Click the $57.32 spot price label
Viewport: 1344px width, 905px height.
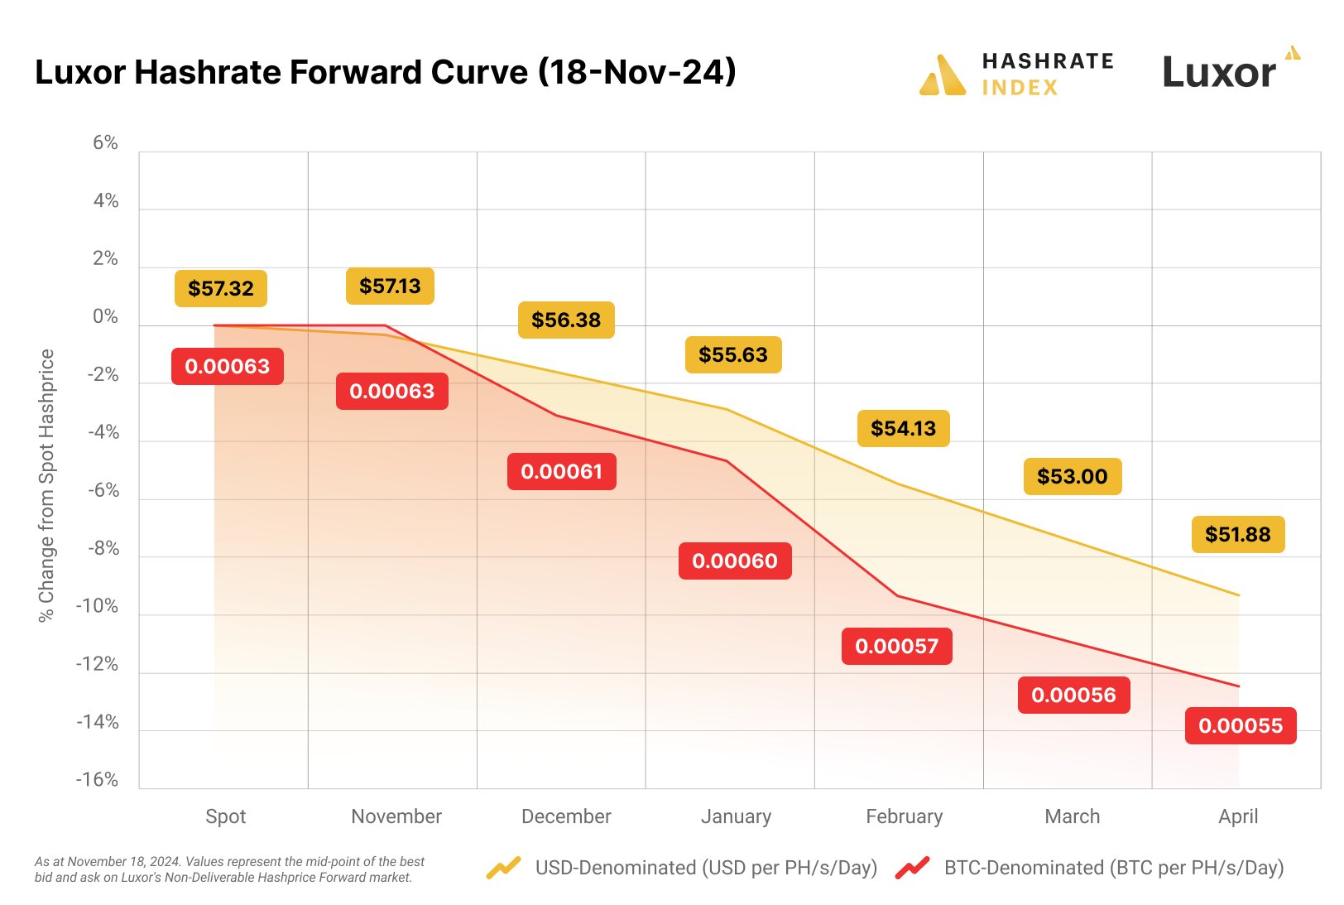pos(221,288)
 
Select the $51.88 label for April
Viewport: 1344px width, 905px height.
pos(1237,534)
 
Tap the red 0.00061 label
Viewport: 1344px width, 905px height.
pos(561,471)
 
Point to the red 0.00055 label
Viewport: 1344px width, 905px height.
pos(1240,725)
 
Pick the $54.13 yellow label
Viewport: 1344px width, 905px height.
pos(903,428)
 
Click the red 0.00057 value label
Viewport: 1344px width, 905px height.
pos(896,646)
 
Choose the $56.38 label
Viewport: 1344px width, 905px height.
pos(566,320)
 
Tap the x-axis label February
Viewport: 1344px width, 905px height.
pos(904,816)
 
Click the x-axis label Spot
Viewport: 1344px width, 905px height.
pos(225,816)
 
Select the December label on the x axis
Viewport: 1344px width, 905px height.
pos(566,816)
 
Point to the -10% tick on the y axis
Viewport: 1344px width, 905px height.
pos(97,606)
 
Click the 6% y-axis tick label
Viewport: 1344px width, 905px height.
pos(105,143)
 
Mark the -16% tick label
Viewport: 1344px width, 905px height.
pos(97,780)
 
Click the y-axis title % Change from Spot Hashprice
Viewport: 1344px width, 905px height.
pos(46,485)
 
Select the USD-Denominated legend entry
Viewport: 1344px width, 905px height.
pos(705,868)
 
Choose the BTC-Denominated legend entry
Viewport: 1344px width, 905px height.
pos(1113,868)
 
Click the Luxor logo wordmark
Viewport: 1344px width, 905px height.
pos(1219,72)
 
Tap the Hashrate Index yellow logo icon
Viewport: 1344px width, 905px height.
pos(943,75)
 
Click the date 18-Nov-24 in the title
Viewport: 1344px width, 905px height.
pos(636,72)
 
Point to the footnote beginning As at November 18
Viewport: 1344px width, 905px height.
pos(229,869)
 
